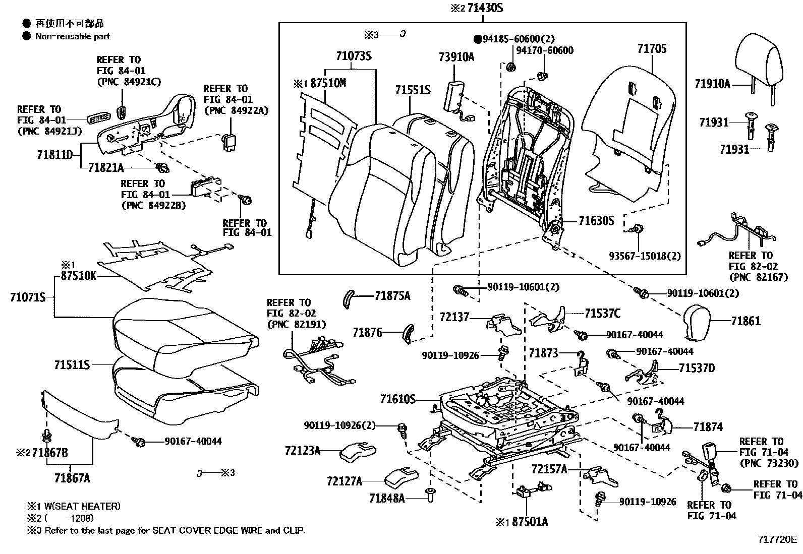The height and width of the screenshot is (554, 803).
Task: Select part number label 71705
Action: tap(652, 49)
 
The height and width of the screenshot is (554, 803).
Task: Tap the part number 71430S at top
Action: tap(485, 8)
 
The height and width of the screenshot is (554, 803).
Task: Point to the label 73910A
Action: tap(456, 57)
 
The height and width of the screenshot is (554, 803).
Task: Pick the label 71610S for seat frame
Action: tap(397, 400)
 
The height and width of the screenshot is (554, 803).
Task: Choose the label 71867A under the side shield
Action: tap(72, 478)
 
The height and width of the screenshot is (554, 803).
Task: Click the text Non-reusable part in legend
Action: tap(73, 36)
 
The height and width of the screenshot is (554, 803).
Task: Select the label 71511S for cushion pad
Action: tap(72, 364)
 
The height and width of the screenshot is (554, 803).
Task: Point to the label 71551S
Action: tap(413, 90)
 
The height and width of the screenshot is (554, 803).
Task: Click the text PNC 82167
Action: tap(758, 277)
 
